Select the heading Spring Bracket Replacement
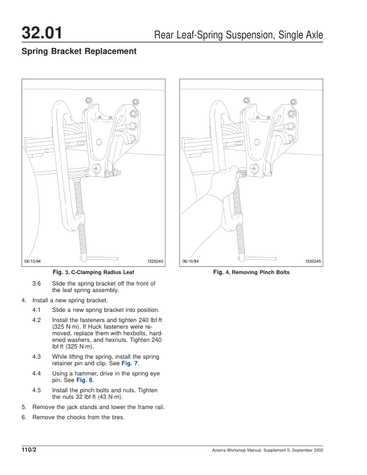click(x=79, y=52)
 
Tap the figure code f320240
click(x=155, y=261)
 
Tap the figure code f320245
click(x=314, y=261)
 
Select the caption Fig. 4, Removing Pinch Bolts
click(x=251, y=272)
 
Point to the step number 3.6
click(x=37, y=283)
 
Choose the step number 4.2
click(x=37, y=320)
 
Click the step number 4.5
click(x=37, y=390)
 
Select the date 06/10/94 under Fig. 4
click(x=191, y=261)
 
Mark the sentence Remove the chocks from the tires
click(x=78, y=417)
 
